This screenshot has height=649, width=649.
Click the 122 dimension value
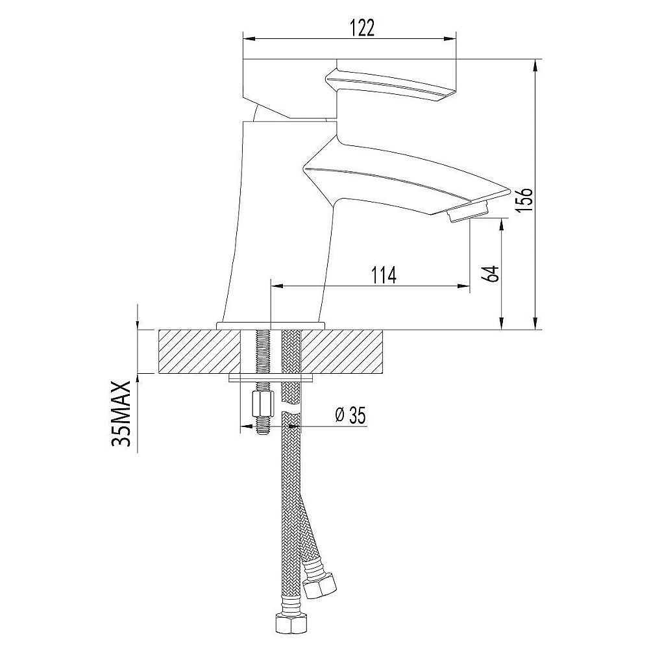tap(363, 28)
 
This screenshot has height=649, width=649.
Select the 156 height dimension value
tap(525, 201)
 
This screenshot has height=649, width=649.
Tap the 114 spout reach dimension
tap(384, 275)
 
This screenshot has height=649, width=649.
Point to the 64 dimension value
tap(491, 274)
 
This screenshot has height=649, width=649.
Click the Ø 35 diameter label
tap(350, 415)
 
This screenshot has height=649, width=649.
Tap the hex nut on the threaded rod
tap(262, 405)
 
